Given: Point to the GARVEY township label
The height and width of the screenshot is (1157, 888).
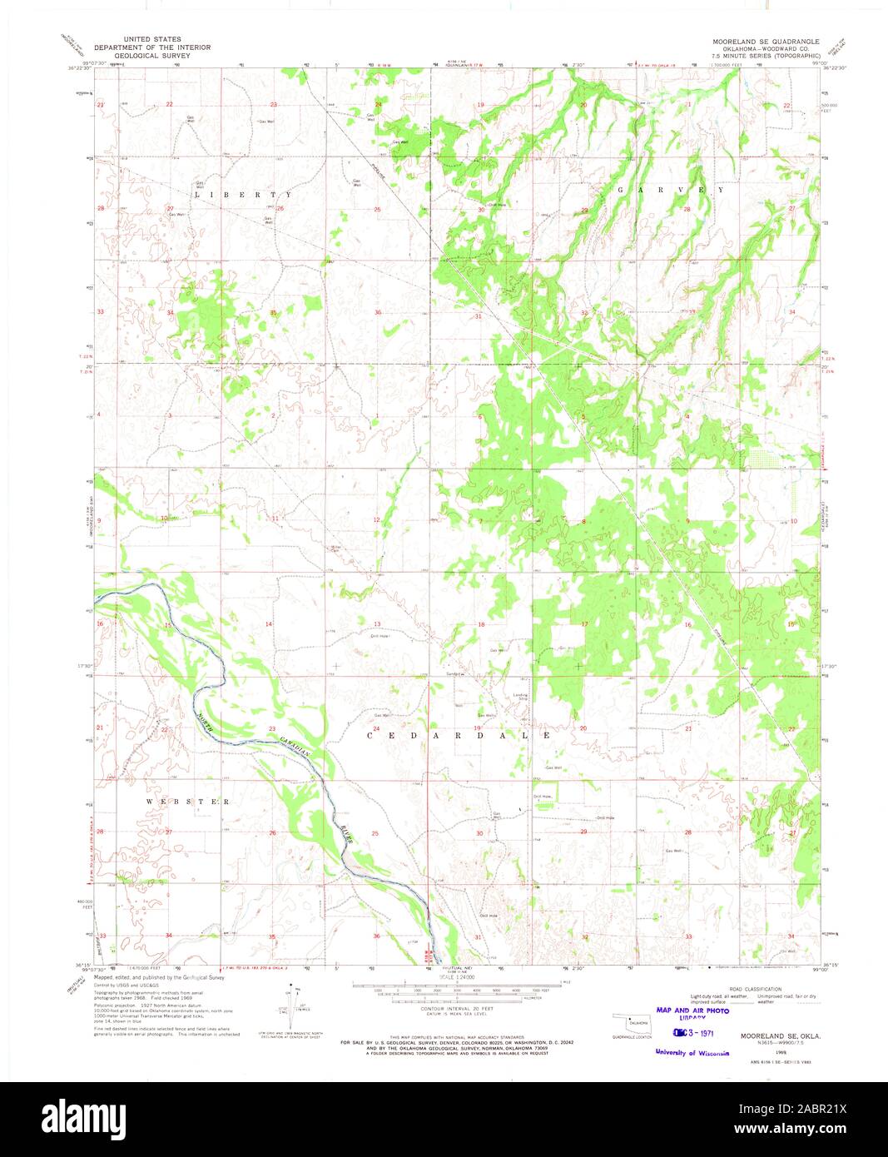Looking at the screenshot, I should pos(671,190).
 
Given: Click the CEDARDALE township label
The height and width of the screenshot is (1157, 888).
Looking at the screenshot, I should pos(459,736).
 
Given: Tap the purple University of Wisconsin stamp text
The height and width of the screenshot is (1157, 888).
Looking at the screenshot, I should pos(692,1052).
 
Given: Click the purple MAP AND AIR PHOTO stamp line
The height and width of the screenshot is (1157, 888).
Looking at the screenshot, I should pos(692,1011).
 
